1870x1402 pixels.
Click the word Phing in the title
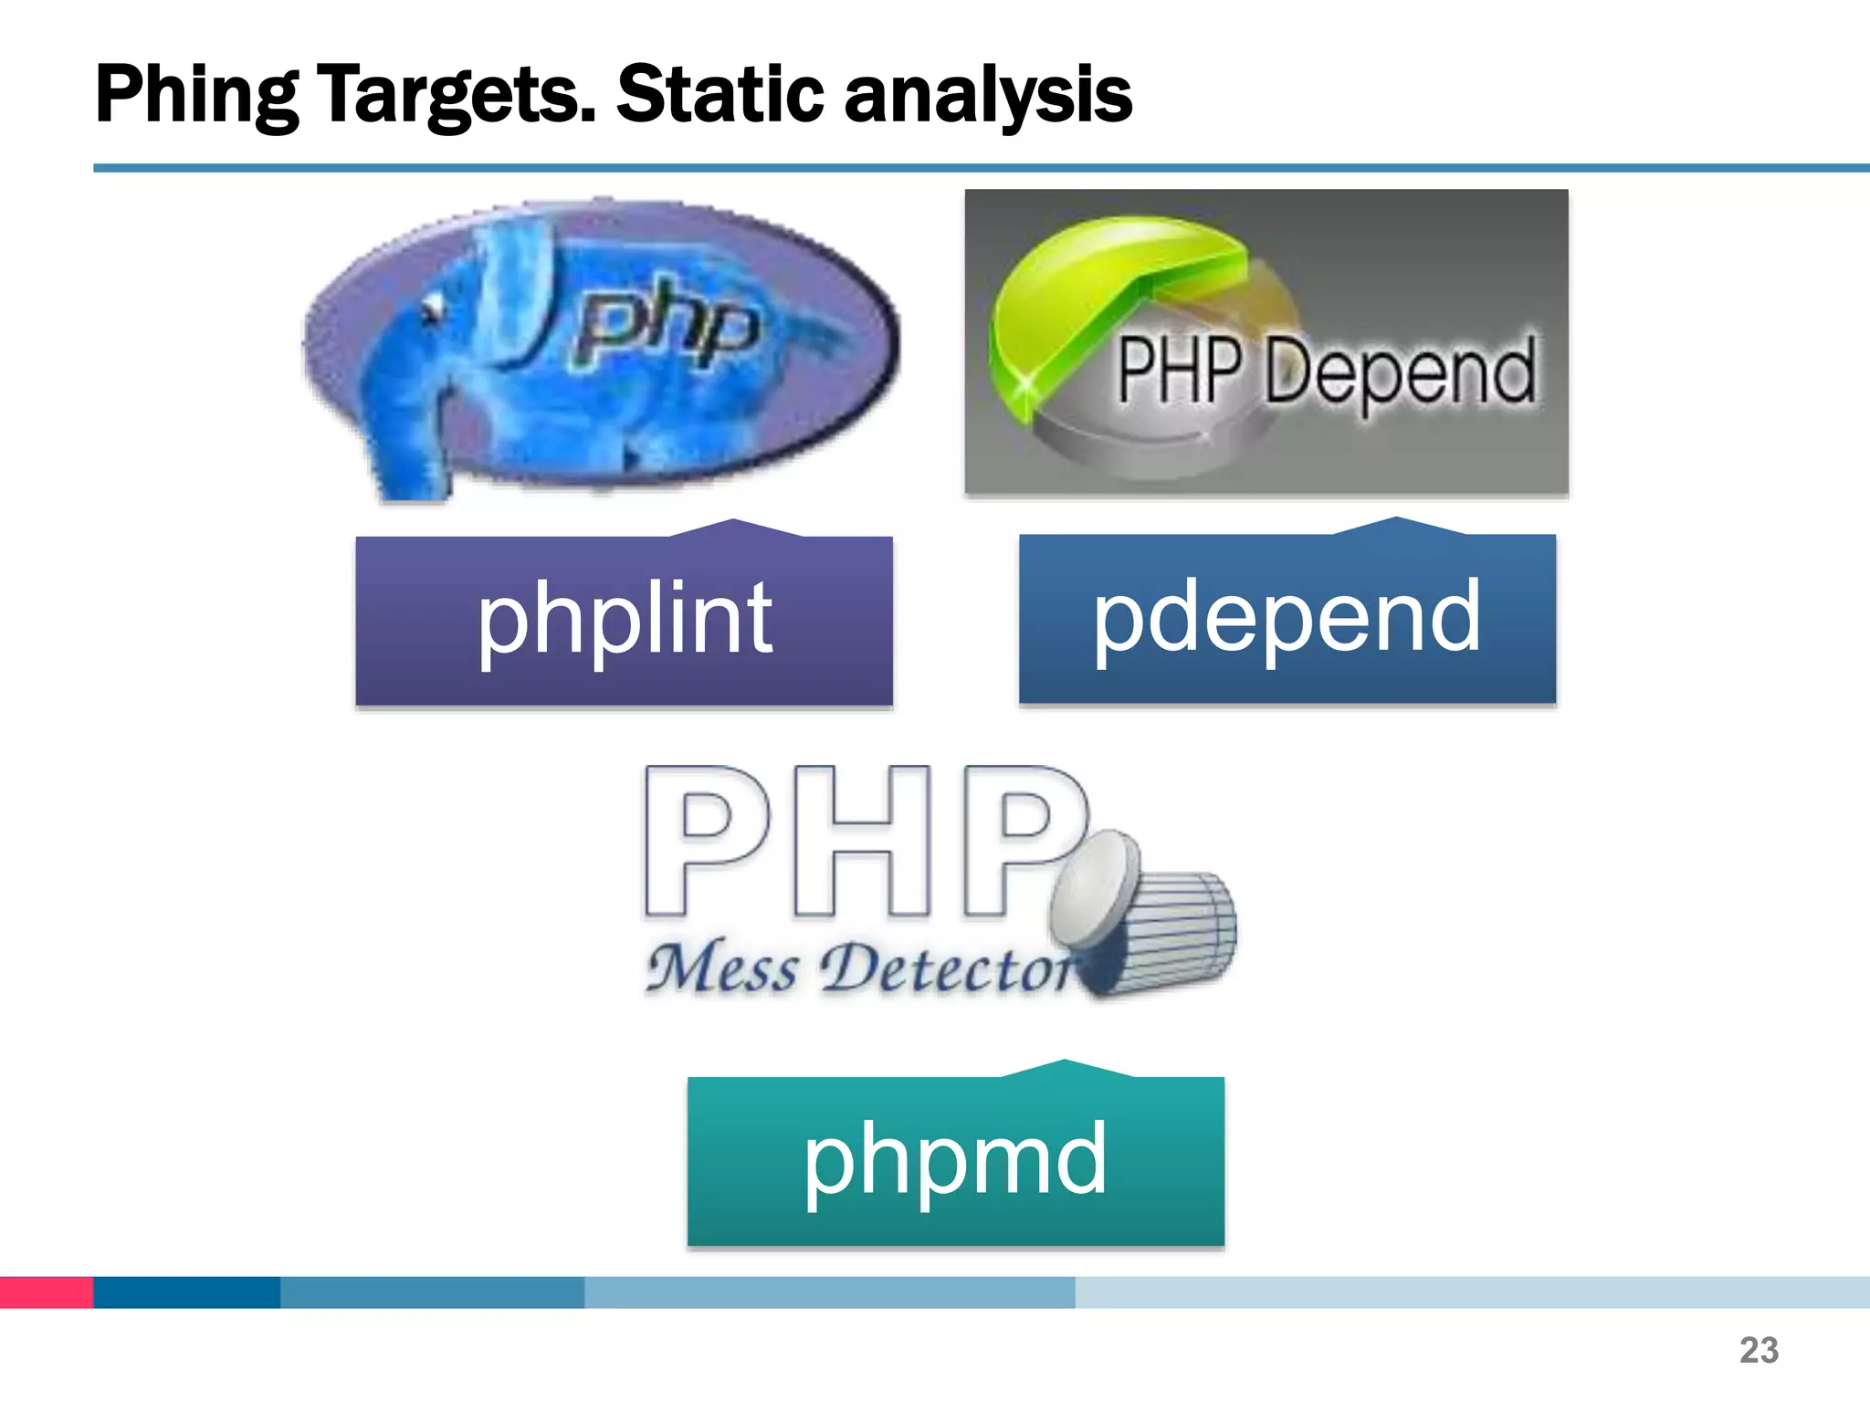(x=196, y=94)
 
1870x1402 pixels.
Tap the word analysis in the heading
(x=988, y=94)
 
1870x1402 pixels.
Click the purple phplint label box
(x=624, y=621)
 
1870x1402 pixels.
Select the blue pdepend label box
(x=1287, y=619)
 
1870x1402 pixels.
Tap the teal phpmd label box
(x=955, y=1160)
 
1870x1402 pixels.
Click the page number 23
(x=1759, y=1350)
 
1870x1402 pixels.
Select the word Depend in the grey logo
(x=1400, y=371)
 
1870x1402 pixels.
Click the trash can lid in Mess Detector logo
(x=1094, y=885)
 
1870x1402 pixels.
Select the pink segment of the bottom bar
(x=46, y=1292)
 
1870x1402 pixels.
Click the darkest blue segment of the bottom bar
(x=186, y=1292)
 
